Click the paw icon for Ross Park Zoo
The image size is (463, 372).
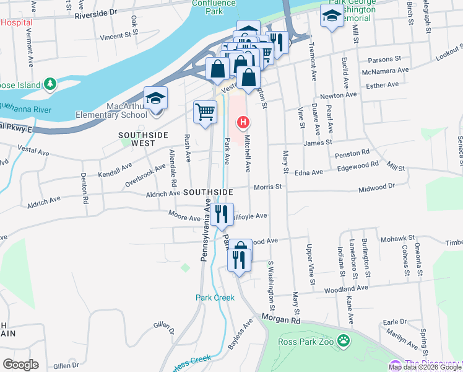pyautogui.click(x=344, y=340)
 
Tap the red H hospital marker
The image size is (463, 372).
pyautogui.click(x=243, y=122)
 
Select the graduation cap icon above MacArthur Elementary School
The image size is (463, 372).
pyautogui.click(x=156, y=99)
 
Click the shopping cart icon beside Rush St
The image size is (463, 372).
pyautogui.click(x=205, y=112)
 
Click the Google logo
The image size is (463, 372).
pyautogui.click(x=20, y=364)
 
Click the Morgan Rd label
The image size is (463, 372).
pyautogui.click(x=280, y=320)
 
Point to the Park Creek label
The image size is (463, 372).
pyautogui.click(x=215, y=298)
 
